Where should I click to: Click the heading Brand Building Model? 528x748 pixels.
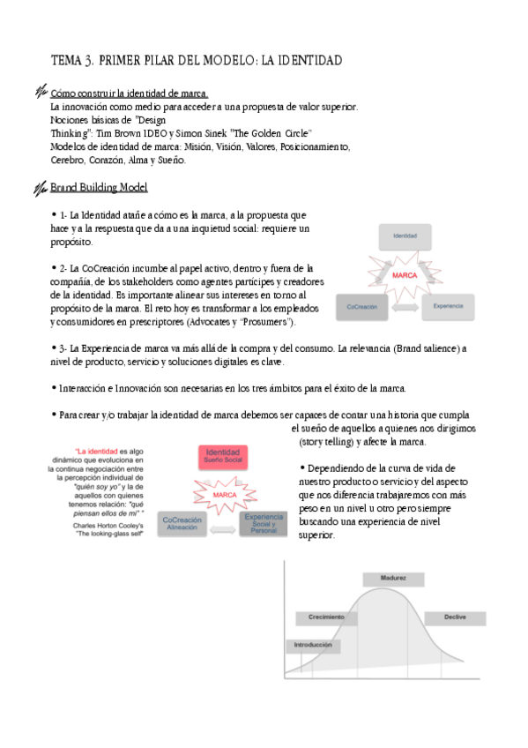pyautogui.click(x=99, y=188)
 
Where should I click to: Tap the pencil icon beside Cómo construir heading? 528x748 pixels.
pyautogui.click(x=40, y=92)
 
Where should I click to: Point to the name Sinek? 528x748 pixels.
pyautogui.click(x=215, y=132)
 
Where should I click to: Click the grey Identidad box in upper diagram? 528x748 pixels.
pyautogui.click(x=405, y=236)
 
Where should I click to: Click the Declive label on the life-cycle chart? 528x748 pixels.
pyautogui.click(x=455, y=617)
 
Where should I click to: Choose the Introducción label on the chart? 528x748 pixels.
pyautogui.click(x=312, y=645)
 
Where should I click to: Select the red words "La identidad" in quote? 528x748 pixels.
pyautogui.click(x=97, y=450)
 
